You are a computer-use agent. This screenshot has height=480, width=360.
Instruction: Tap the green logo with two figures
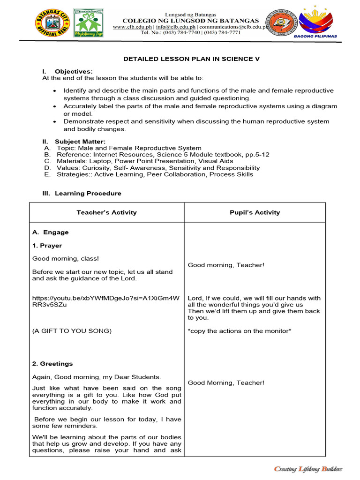click(x=89, y=22)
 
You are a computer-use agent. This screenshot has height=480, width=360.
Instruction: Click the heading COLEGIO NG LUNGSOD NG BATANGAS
click(x=190, y=21)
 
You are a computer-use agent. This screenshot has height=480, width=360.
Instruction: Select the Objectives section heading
click(x=74, y=71)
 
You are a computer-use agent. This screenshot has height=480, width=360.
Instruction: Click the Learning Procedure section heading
click(x=88, y=193)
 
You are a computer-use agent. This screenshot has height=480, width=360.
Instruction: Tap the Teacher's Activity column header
click(x=106, y=212)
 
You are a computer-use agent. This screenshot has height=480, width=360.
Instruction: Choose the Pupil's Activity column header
click(x=255, y=212)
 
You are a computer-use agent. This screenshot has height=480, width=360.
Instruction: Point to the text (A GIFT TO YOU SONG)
click(x=72, y=331)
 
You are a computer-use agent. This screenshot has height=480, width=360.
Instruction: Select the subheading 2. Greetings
click(x=52, y=364)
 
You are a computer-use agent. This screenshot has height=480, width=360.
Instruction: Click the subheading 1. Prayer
click(x=47, y=246)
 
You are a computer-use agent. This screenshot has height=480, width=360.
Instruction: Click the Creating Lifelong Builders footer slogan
click(x=307, y=469)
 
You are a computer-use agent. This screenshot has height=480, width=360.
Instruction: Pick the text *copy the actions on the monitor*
click(x=240, y=331)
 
